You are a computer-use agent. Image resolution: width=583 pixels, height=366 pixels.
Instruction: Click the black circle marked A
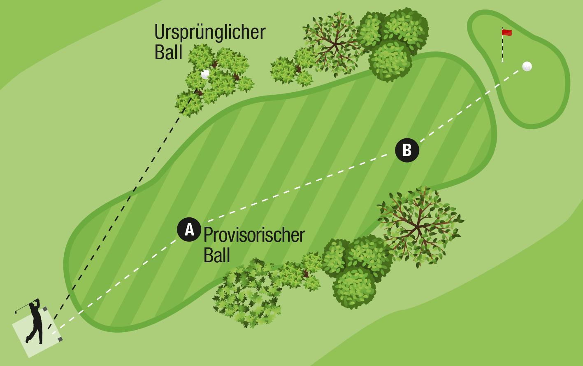click(x=189, y=229)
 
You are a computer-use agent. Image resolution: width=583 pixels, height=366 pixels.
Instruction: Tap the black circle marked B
click(x=407, y=150)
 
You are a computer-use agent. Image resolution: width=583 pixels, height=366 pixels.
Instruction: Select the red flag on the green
click(x=507, y=33)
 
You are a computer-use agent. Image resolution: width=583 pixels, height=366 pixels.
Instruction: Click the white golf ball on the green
click(x=527, y=66)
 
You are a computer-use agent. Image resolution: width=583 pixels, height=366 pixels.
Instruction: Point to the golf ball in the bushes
click(x=205, y=74)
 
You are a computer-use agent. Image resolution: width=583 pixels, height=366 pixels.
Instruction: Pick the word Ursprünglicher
click(x=210, y=32)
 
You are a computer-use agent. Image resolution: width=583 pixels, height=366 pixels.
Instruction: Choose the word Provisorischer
click(x=254, y=235)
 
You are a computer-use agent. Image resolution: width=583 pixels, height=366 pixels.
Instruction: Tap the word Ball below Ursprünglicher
click(x=168, y=52)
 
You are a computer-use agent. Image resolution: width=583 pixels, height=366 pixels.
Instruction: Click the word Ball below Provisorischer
click(x=216, y=255)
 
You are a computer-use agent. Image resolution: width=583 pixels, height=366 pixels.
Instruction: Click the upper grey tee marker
click(x=45, y=309)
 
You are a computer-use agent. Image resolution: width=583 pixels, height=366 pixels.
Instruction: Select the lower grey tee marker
click(x=60, y=339)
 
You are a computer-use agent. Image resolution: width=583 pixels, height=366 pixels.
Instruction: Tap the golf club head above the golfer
click(x=16, y=312)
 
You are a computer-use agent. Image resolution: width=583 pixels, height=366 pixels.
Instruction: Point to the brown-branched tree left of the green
click(x=334, y=44)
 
